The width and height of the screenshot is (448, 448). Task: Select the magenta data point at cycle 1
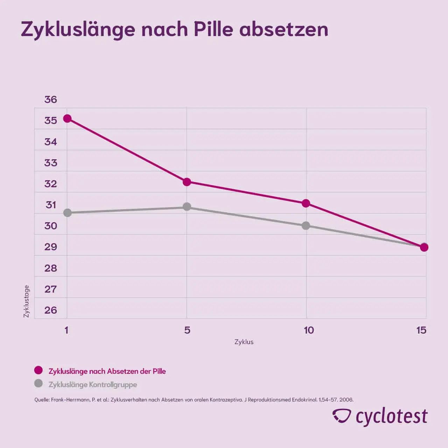[67, 119]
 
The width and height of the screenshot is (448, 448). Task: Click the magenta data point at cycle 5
[187, 182]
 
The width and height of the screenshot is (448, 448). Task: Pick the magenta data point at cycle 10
[306, 203]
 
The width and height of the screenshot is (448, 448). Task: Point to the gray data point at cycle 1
[67, 213]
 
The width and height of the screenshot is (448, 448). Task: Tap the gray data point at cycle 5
[187, 207]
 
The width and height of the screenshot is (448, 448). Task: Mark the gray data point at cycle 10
[306, 226]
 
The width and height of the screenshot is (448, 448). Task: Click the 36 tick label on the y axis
[50, 100]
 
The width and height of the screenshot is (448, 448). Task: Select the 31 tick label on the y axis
[51, 205]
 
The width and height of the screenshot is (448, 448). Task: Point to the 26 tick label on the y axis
[50, 310]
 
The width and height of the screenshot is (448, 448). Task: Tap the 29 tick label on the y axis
[50, 247]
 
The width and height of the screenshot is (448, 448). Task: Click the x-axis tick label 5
[187, 330]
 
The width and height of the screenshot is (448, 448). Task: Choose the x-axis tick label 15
[421, 330]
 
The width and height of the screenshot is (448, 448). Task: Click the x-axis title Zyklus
[244, 342]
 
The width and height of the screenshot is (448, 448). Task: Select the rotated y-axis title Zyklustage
[27, 301]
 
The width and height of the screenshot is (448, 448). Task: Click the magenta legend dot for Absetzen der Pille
[38, 370]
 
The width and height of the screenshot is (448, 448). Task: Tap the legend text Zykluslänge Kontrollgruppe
[93, 384]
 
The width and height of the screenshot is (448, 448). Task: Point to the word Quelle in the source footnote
[42, 400]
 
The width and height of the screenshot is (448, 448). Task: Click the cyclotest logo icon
[341, 416]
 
